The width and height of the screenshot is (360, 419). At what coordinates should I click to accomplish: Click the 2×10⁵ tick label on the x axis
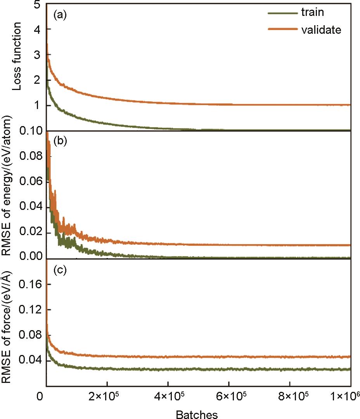pos(107,396)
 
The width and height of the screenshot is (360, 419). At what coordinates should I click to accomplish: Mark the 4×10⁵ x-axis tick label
pos(168,396)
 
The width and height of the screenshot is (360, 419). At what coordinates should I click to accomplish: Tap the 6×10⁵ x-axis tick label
pos(229,396)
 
